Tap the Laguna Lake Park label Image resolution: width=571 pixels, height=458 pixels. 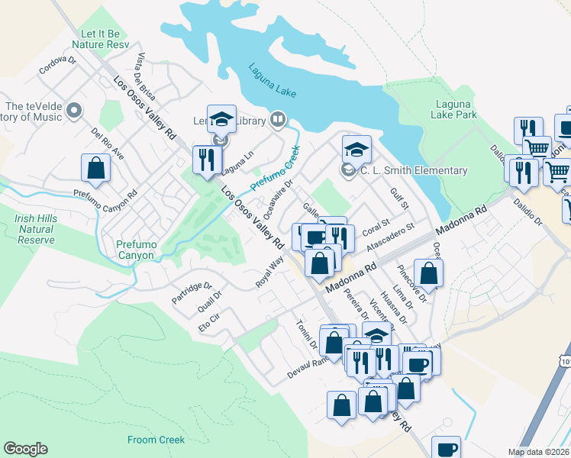(x=456, y=109)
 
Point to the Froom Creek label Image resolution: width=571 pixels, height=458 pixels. (x=156, y=440)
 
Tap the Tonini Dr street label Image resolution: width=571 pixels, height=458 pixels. (x=307, y=334)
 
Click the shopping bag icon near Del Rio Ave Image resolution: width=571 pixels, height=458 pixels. (x=97, y=169)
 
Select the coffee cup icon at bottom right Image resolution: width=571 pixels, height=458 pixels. (x=446, y=449)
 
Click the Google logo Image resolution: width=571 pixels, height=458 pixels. (x=25, y=449)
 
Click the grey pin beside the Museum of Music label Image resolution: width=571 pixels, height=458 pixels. (x=74, y=111)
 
